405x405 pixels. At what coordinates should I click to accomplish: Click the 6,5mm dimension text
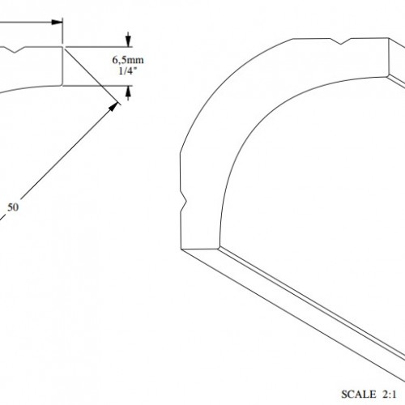pyautogui.click(x=128, y=60)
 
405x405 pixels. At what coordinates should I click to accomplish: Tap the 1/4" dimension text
pyautogui.click(x=128, y=70)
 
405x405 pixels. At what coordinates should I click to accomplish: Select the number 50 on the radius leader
pyautogui.click(x=13, y=207)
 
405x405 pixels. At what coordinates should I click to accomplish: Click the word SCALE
pyautogui.click(x=359, y=394)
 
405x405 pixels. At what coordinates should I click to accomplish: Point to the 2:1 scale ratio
pyautogui.click(x=389, y=394)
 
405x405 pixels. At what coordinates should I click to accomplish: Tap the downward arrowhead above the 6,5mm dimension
pyautogui.click(x=128, y=40)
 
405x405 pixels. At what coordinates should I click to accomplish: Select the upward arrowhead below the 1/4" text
pyautogui.click(x=128, y=92)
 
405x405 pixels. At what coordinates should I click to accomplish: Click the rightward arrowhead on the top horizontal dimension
pyautogui.click(x=57, y=22)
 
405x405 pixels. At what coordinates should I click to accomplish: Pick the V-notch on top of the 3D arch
pyautogui.click(x=341, y=41)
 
